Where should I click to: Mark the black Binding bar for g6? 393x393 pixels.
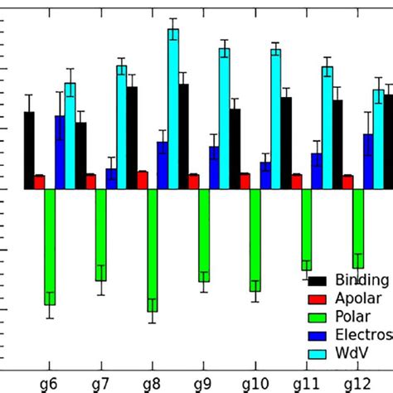point(29,150)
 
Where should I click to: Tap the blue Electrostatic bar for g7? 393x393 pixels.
point(111,179)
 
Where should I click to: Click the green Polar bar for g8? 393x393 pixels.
point(153,249)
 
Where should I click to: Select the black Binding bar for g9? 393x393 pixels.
point(235,148)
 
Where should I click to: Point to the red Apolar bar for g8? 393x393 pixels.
point(143,180)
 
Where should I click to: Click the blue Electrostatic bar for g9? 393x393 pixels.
point(214,167)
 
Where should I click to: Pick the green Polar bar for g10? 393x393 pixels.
point(255,240)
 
